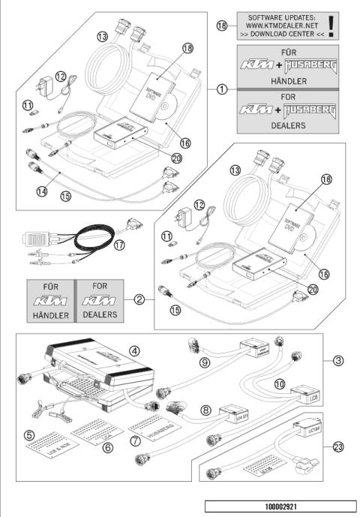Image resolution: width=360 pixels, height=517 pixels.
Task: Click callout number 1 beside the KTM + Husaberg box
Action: (x=222, y=89)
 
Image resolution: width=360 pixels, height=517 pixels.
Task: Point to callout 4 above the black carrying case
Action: (x=132, y=350)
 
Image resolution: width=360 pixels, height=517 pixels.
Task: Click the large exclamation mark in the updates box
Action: (x=331, y=23)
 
